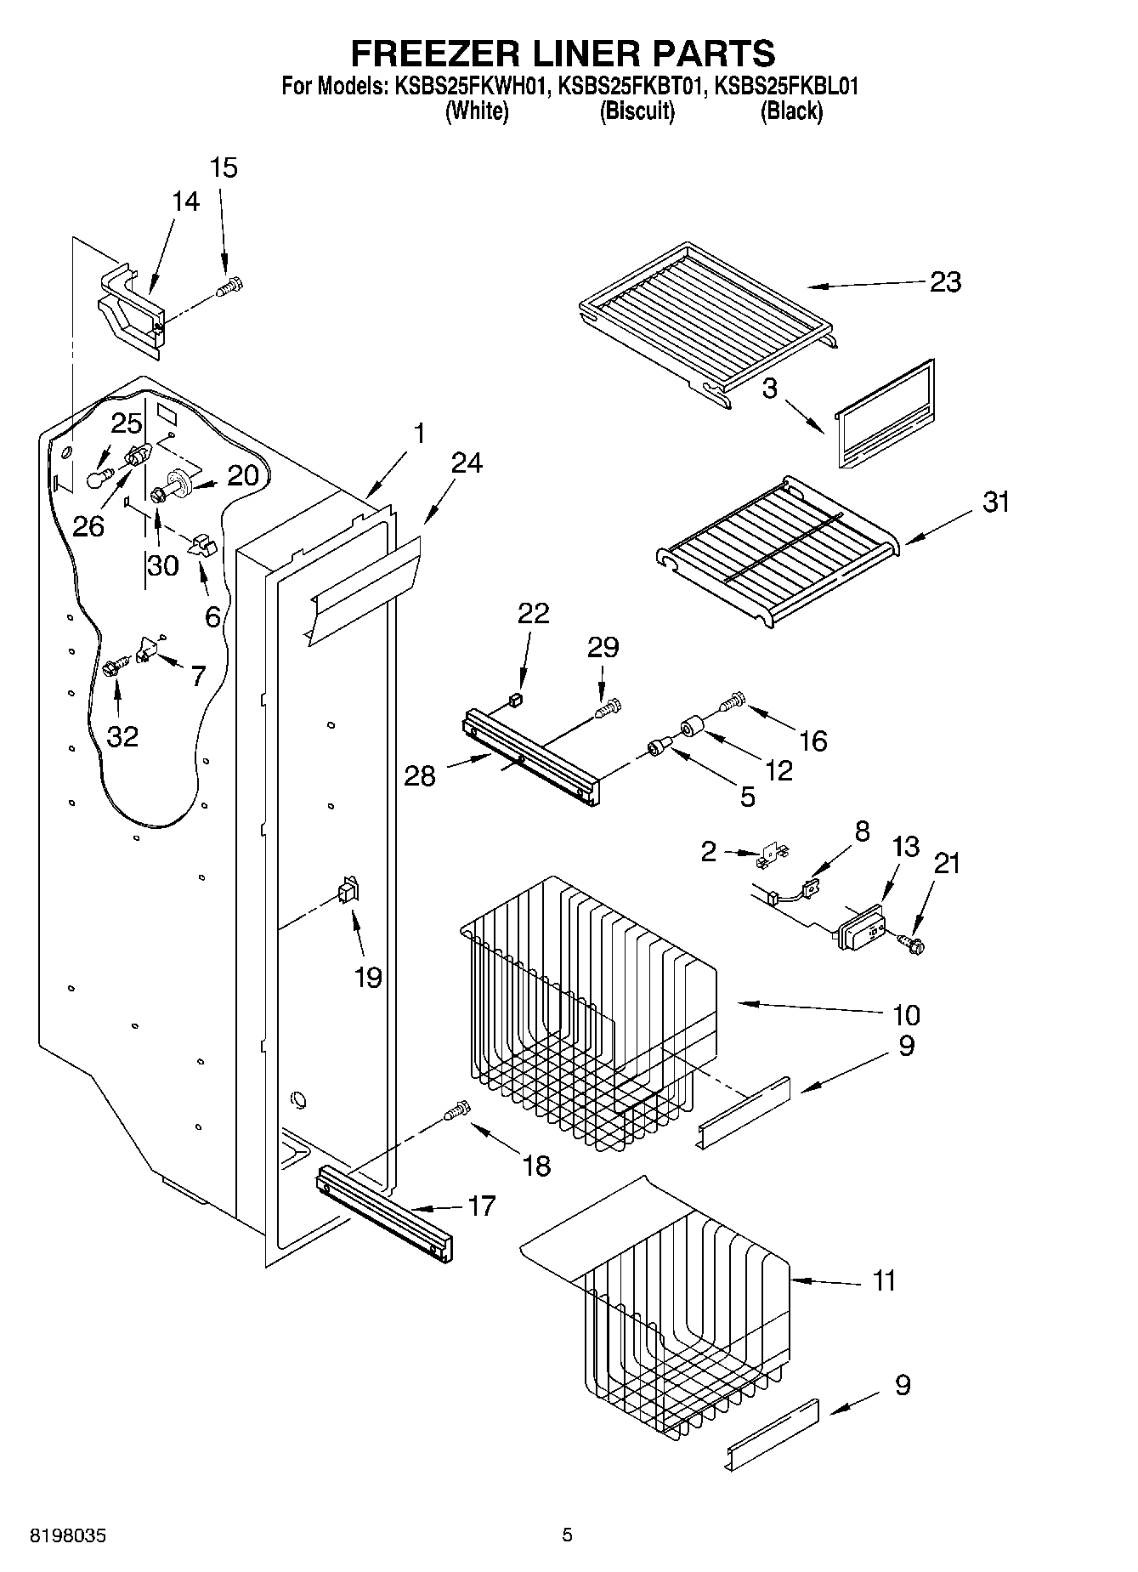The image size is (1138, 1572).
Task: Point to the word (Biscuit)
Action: coord(637,111)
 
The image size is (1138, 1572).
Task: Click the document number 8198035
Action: coord(68,1536)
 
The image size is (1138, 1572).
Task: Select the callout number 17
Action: coord(481,1206)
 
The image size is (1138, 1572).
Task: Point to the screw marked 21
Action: coord(914,942)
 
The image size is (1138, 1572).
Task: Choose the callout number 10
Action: coord(906,1014)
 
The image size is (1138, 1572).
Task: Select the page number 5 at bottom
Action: coord(567,1535)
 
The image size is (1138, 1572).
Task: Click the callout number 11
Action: coord(884,1280)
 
